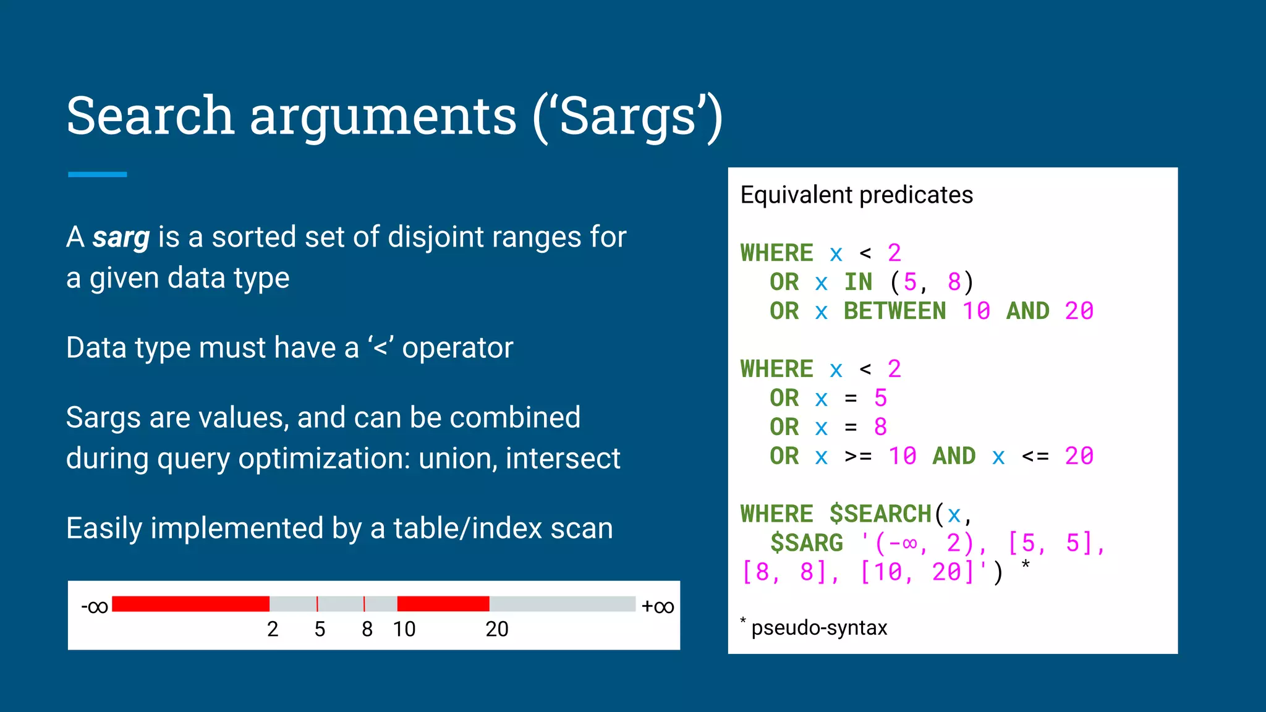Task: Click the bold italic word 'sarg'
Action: [121, 237]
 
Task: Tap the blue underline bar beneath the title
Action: [98, 175]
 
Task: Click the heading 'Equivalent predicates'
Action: [856, 195]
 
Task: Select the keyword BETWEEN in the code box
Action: [894, 311]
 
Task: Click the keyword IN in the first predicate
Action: [858, 282]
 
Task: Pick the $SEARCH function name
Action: [880, 514]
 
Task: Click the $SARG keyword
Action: [807, 543]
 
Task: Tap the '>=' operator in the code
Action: [858, 457]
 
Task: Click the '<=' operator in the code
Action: [1035, 457]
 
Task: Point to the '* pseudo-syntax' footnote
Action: [814, 627]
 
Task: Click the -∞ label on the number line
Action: [95, 606]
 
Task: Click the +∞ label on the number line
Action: [658, 606]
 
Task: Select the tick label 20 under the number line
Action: [496, 629]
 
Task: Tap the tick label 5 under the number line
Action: [320, 629]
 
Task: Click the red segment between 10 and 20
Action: [443, 604]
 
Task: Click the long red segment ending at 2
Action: [190, 604]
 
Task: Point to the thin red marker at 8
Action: [364, 604]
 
